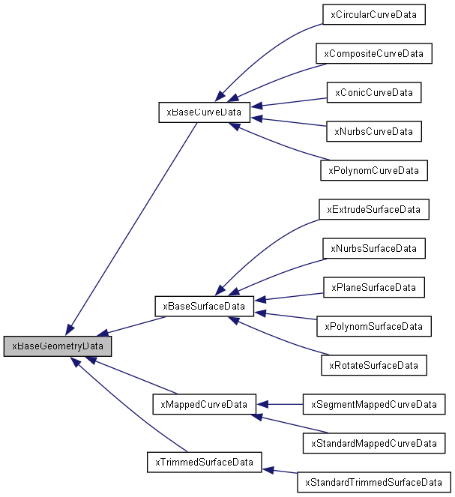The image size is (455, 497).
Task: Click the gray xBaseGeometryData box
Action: click(58, 346)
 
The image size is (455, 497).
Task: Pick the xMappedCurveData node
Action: click(204, 403)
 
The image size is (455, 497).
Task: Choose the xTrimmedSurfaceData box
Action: click(204, 462)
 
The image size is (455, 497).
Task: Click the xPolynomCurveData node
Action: click(373, 170)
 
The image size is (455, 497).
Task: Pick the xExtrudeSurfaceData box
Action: click(373, 209)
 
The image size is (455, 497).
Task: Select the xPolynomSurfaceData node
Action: click(373, 326)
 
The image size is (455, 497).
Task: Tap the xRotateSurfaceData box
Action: click(373, 365)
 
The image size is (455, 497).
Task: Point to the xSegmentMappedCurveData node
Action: click(373, 404)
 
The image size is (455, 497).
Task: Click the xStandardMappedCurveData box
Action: click(373, 443)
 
